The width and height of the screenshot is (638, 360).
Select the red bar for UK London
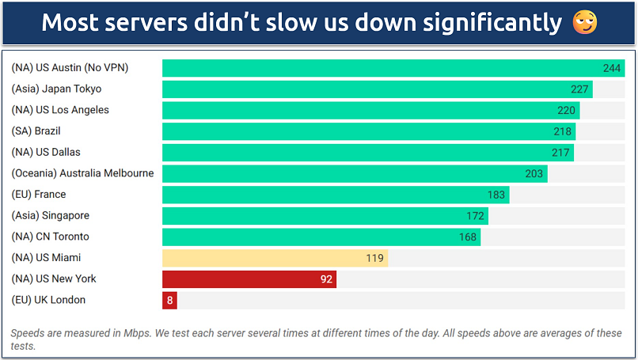169,300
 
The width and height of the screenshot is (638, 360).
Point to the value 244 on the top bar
612,68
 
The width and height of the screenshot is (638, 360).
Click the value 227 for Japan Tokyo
580,89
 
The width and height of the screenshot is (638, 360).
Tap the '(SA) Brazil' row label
36,131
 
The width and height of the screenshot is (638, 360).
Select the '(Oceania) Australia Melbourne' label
82,173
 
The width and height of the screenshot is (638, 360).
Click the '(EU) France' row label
38,195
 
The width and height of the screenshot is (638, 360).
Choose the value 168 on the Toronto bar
468,237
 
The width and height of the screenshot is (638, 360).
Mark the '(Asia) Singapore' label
50,215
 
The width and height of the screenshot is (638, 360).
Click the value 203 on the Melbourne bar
534,173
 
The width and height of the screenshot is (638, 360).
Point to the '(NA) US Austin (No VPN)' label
70,68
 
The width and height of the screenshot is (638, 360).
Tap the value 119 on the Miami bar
374,258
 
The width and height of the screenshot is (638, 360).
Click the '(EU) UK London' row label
48,300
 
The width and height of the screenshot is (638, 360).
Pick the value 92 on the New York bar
326,279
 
